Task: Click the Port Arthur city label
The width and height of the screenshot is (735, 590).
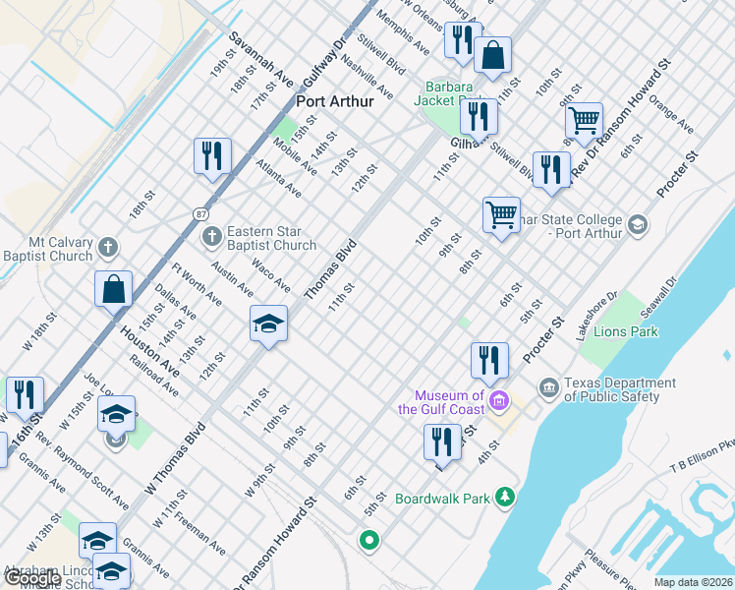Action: coord(332,101)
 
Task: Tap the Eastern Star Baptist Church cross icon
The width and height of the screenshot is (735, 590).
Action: coord(210,236)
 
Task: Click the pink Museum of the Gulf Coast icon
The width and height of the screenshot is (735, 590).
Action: coord(499,400)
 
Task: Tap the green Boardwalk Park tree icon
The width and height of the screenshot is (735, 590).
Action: coord(505,497)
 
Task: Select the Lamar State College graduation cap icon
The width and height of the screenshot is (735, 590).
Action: coord(638,225)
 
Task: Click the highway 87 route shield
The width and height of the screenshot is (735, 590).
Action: coord(200,213)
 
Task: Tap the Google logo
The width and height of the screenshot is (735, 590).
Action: coord(31,578)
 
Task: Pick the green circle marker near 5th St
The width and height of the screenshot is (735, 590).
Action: coord(369,539)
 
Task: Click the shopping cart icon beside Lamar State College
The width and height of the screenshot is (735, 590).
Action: coord(501,213)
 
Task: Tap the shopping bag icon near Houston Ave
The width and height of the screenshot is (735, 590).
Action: coord(114,289)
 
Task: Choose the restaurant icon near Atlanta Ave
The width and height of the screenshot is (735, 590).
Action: coord(212,155)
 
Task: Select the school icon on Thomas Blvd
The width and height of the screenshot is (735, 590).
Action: coord(267,324)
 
